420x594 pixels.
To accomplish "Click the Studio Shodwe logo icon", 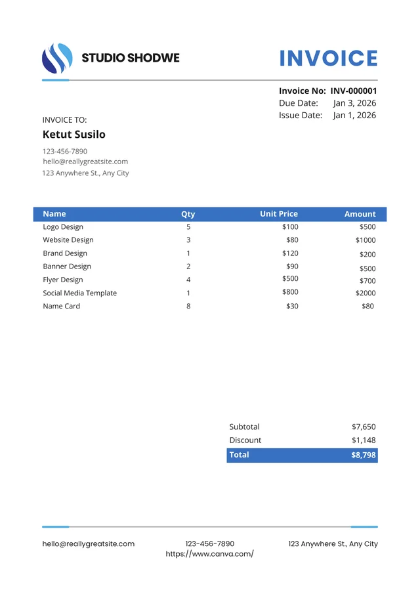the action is pyautogui.click(x=57, y=58).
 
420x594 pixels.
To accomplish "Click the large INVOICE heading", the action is pyautogui.click(x=328, y=58).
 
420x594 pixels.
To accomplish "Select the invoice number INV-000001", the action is pyautogui.click(x=354, y=91).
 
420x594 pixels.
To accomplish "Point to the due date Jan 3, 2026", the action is pyautogui.click(x=354, y=103).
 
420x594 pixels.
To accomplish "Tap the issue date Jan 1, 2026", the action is pyautogui.click(x=354, y=116).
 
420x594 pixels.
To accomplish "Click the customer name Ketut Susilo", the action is pyautogui.click(x=73, y=135).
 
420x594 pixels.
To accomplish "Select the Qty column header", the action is pyautogui.click(x=188, y=214).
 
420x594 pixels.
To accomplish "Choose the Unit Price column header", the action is pyautogui.click(x=279, y=214).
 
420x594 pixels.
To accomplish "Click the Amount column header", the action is pyautogui.click(x=360, y=214).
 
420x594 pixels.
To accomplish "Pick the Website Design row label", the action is pyautogui.click(x=68, y=240).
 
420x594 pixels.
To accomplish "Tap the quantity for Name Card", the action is pyautogui.click(x=188, y=307).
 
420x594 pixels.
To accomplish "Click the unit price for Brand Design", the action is pyautogui.click(x=290, y=253).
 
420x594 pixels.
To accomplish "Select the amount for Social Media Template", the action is pyautogui.click(x=366, y=293).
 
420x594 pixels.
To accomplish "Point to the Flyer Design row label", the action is pyautogui.click(x=63, y=280).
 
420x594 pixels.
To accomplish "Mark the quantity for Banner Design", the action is pyautogui.click(x=188, y=266).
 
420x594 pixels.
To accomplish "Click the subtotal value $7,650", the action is pyautogui.click(x=364, y=427).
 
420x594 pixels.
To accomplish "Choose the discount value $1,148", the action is pyautogui.click(x=364, y=440).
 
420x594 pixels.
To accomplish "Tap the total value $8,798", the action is pyautogui.click(x=364, y=455).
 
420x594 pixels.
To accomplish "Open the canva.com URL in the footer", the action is pyautogui.click(x=209, y=554).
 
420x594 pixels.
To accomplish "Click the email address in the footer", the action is pyautogui.click(x=89, y=544).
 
